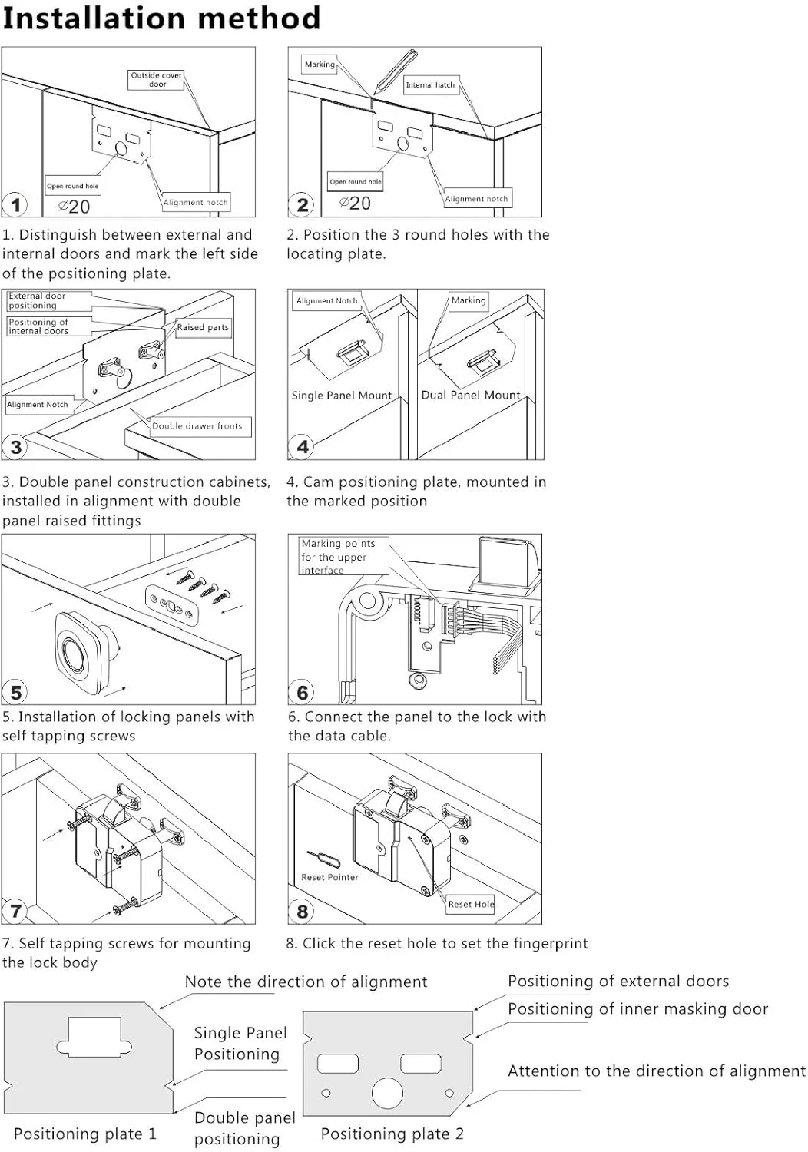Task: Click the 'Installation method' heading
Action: click(161, 18)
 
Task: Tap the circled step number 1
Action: click(15, 205)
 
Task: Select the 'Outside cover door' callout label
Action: click(156, 80)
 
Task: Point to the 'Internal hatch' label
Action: click(430, 85)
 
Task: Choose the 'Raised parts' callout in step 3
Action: click(203, 327)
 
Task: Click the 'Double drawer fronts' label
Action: click(197, 426)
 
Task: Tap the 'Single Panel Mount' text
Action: click(342, 396)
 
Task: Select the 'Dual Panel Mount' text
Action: click(471, 395)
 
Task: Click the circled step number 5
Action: click(15, 693)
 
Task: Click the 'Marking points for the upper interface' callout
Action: click(338, 557)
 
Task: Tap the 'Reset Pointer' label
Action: click(329, 877)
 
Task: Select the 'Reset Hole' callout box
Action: click(471, 904)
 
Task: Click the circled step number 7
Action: click(15, 912)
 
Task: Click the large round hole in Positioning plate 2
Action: click(387, 1093)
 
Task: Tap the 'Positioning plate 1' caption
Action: click(85, 1134)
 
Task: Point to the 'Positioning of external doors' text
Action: click(618, 982)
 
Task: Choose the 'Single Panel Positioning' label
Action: click(240, 1044)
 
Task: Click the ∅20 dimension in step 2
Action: click(356, 204)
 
